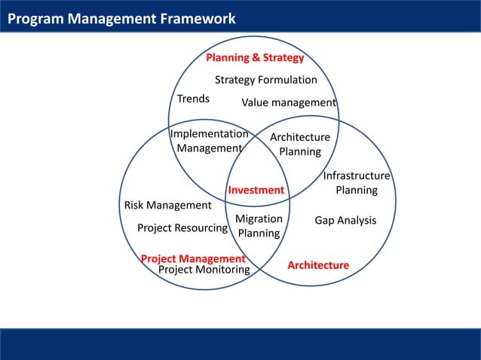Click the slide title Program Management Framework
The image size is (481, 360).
click(121, 19)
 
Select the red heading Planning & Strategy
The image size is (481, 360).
click(255, 58)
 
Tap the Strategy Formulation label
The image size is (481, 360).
click(265, 80)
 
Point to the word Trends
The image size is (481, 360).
click(193, 99)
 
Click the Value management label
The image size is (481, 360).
click(288, 102)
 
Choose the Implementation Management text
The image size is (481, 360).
click(209, 141)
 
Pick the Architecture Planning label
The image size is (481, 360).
click(300, 144)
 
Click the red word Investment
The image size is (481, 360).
click(256, 190)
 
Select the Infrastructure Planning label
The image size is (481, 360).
click(356, 183)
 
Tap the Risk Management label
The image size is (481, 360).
click(167, 205)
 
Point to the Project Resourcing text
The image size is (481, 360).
click(182, 227)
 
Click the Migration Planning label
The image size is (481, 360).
click(259, 226)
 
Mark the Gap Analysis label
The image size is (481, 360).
click(345, 220)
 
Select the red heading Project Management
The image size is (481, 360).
click(193, 259)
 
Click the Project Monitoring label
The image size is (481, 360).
click(204, 270)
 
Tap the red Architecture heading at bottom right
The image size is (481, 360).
click(318, 265)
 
